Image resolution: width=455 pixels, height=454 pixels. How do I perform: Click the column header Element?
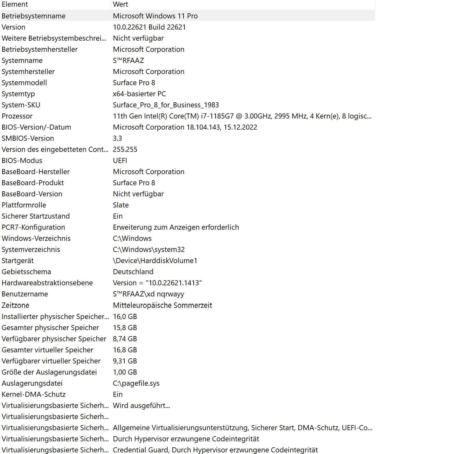[x=15, y=4]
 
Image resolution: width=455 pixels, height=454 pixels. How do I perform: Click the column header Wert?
[x=121, y=4]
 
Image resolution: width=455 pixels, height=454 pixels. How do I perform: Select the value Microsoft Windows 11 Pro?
[x=155, y=16]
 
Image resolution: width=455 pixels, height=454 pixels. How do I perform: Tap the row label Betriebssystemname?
[x=33, y=16]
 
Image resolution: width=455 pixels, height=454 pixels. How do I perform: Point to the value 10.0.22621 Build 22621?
[x=149, y=27]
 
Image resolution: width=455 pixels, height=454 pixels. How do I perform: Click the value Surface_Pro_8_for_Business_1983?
[x=166, y=105]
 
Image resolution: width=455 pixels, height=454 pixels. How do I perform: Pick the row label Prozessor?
[x=17, y=116]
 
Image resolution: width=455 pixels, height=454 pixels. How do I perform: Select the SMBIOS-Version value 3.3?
[x=117, y=138]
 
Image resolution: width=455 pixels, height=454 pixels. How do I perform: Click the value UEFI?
[x=120, y=160]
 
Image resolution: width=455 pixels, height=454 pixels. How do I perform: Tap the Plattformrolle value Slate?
[x=121, y=205]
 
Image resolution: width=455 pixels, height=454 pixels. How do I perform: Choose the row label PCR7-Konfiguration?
[x=33, y=227]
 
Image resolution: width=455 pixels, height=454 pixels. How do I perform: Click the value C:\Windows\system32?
[x=148, y=249]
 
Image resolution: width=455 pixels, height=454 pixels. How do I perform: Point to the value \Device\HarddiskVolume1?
[x=155, y=261]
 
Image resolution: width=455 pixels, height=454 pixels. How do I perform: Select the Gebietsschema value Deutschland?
[x=133, y=272]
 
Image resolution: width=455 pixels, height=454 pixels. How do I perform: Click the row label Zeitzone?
[x=15, y=305]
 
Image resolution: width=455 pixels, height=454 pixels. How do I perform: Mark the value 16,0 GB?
[x=125, y=316]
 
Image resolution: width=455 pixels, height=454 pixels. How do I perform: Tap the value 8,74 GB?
[x=125, y=339]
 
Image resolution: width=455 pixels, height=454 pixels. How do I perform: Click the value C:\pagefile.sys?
[x=136, y=383]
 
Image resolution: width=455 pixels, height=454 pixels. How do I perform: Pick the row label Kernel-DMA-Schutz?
[x=33, y=394]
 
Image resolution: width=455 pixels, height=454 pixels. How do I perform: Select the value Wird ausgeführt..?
[x=141, y=405]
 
